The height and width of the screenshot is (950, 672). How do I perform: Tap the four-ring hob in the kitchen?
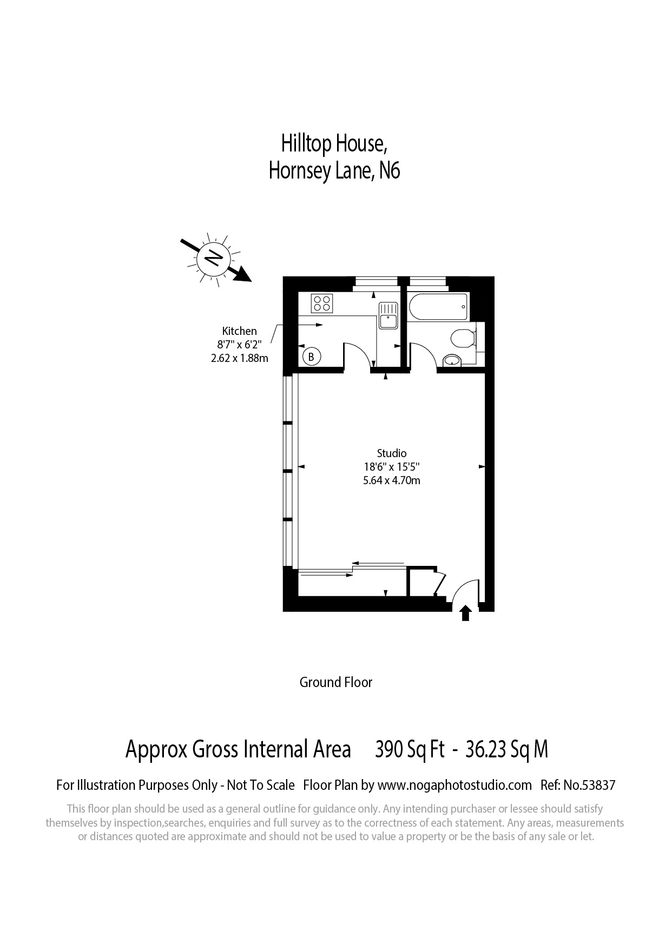(x=321, y=302)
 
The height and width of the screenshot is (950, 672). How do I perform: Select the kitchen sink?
(x=388, y=315)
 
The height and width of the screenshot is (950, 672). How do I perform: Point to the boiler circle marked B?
(x=311, y=357)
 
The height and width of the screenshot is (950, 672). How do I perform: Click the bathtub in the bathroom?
(x=438, y=307)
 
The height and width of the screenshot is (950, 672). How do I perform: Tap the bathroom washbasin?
(x=451, y=360)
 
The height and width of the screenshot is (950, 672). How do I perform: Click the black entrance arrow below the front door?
(x=465, y=613)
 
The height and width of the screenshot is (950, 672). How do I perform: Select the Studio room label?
(x=392, y=453)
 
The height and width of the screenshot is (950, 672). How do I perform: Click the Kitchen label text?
(x=239, y=331)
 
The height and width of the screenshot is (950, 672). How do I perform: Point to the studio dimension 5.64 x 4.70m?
(x=392, y=480)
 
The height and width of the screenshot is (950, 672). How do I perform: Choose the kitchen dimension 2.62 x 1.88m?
(x=239, y=358)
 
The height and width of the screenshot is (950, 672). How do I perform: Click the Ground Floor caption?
(x=336, y=682)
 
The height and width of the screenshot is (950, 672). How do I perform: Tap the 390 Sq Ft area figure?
(x=410, y=750)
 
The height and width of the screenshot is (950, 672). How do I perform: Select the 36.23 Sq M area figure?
(x=506, y=750)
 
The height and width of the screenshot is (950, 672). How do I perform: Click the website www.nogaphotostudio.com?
(x=454, y=785)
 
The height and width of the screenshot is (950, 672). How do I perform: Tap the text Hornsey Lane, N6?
(x=334, y=171)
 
